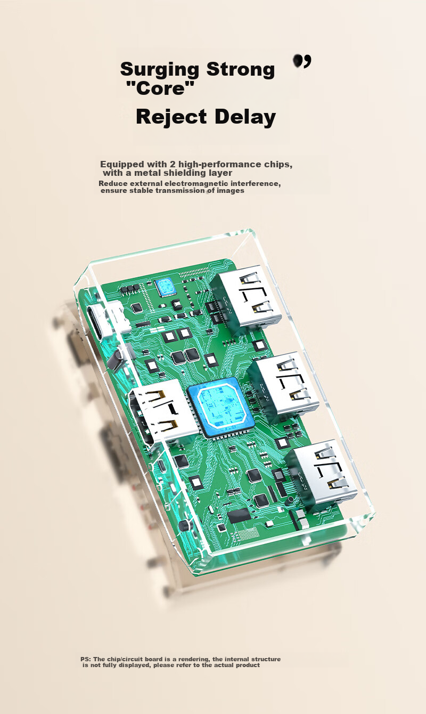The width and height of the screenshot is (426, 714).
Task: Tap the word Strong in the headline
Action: tap(241, 69)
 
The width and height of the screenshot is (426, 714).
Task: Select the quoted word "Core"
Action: tap(160, 88)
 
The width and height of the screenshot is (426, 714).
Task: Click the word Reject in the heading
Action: tap(171, 117)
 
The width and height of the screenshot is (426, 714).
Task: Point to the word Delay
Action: tap(245, 117)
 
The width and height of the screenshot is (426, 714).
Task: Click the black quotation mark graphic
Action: tap(302, 61)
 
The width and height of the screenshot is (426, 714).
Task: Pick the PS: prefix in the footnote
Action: tap(86, 659)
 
